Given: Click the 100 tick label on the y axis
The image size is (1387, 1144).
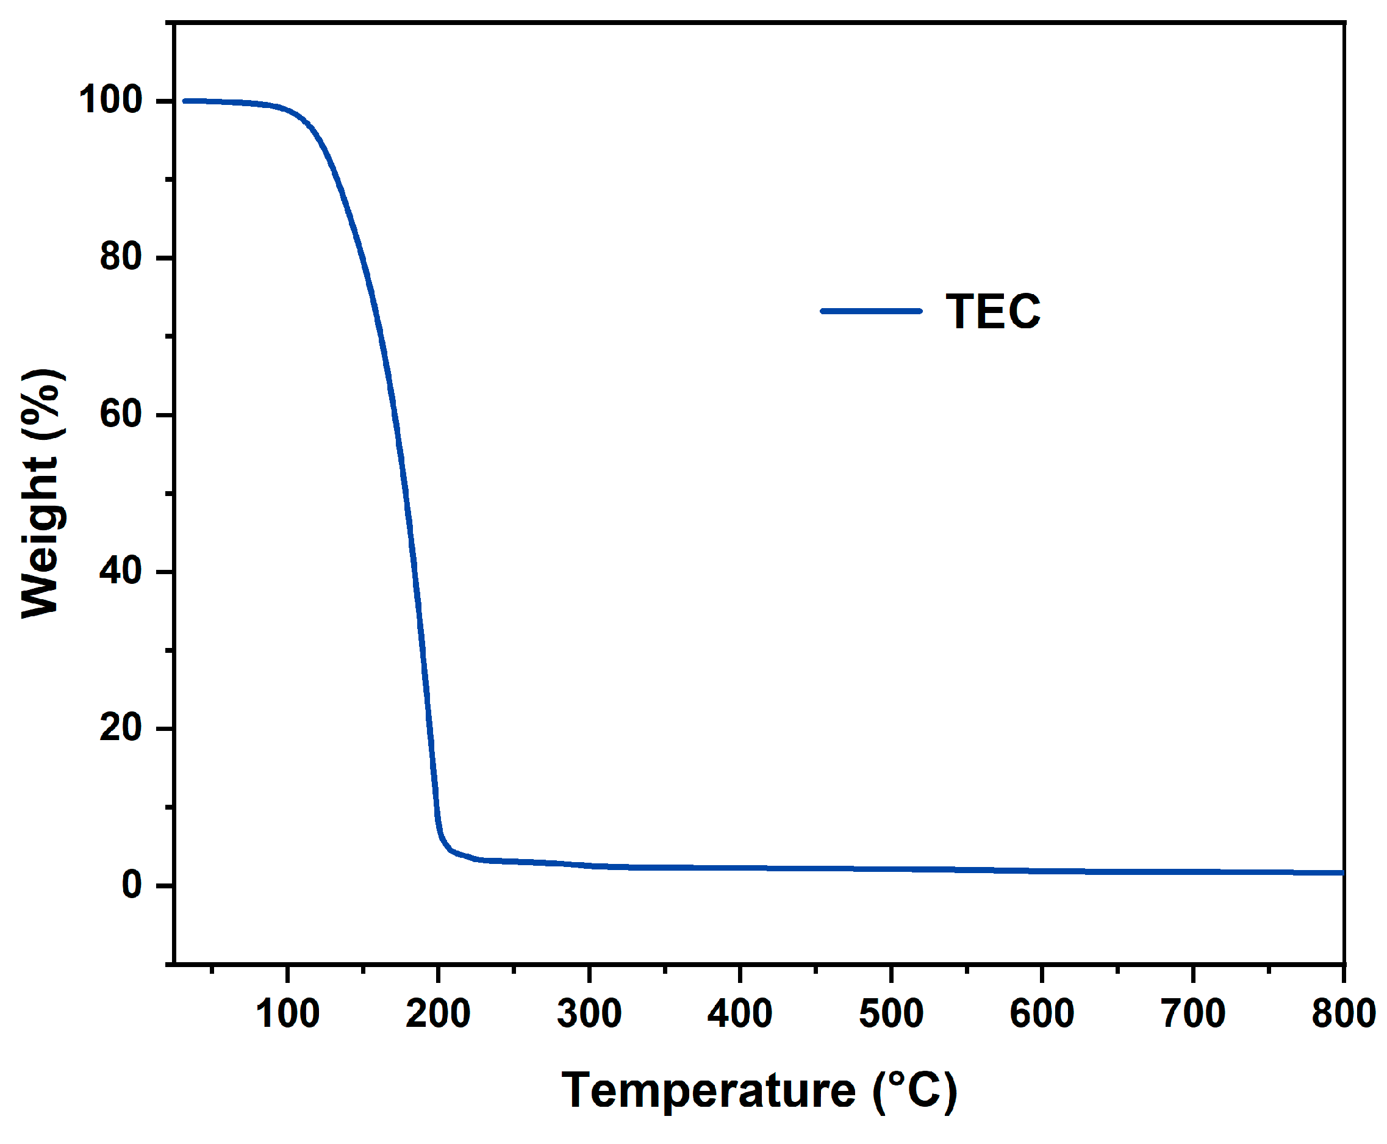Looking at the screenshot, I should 110,101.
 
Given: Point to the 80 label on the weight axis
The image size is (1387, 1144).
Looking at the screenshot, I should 121,257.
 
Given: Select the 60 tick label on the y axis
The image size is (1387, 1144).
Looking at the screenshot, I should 121,414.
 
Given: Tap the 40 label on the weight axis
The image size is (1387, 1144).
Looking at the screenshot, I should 121,571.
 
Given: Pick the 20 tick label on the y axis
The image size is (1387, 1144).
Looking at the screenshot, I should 121,728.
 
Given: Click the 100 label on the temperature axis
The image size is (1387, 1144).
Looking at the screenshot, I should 288,1013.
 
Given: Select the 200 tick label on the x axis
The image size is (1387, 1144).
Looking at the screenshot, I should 438,1013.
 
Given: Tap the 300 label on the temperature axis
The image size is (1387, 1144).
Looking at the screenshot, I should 589,1013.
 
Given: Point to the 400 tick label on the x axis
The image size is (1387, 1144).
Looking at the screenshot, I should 740,1013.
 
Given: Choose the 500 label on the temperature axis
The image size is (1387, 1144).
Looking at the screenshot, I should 891,1013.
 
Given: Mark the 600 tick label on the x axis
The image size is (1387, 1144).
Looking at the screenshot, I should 1042,1013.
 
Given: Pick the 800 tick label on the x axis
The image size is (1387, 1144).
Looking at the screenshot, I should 1344,1013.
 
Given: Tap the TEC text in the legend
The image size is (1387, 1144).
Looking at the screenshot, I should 993,312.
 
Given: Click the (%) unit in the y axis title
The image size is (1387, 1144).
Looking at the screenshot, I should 43,403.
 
